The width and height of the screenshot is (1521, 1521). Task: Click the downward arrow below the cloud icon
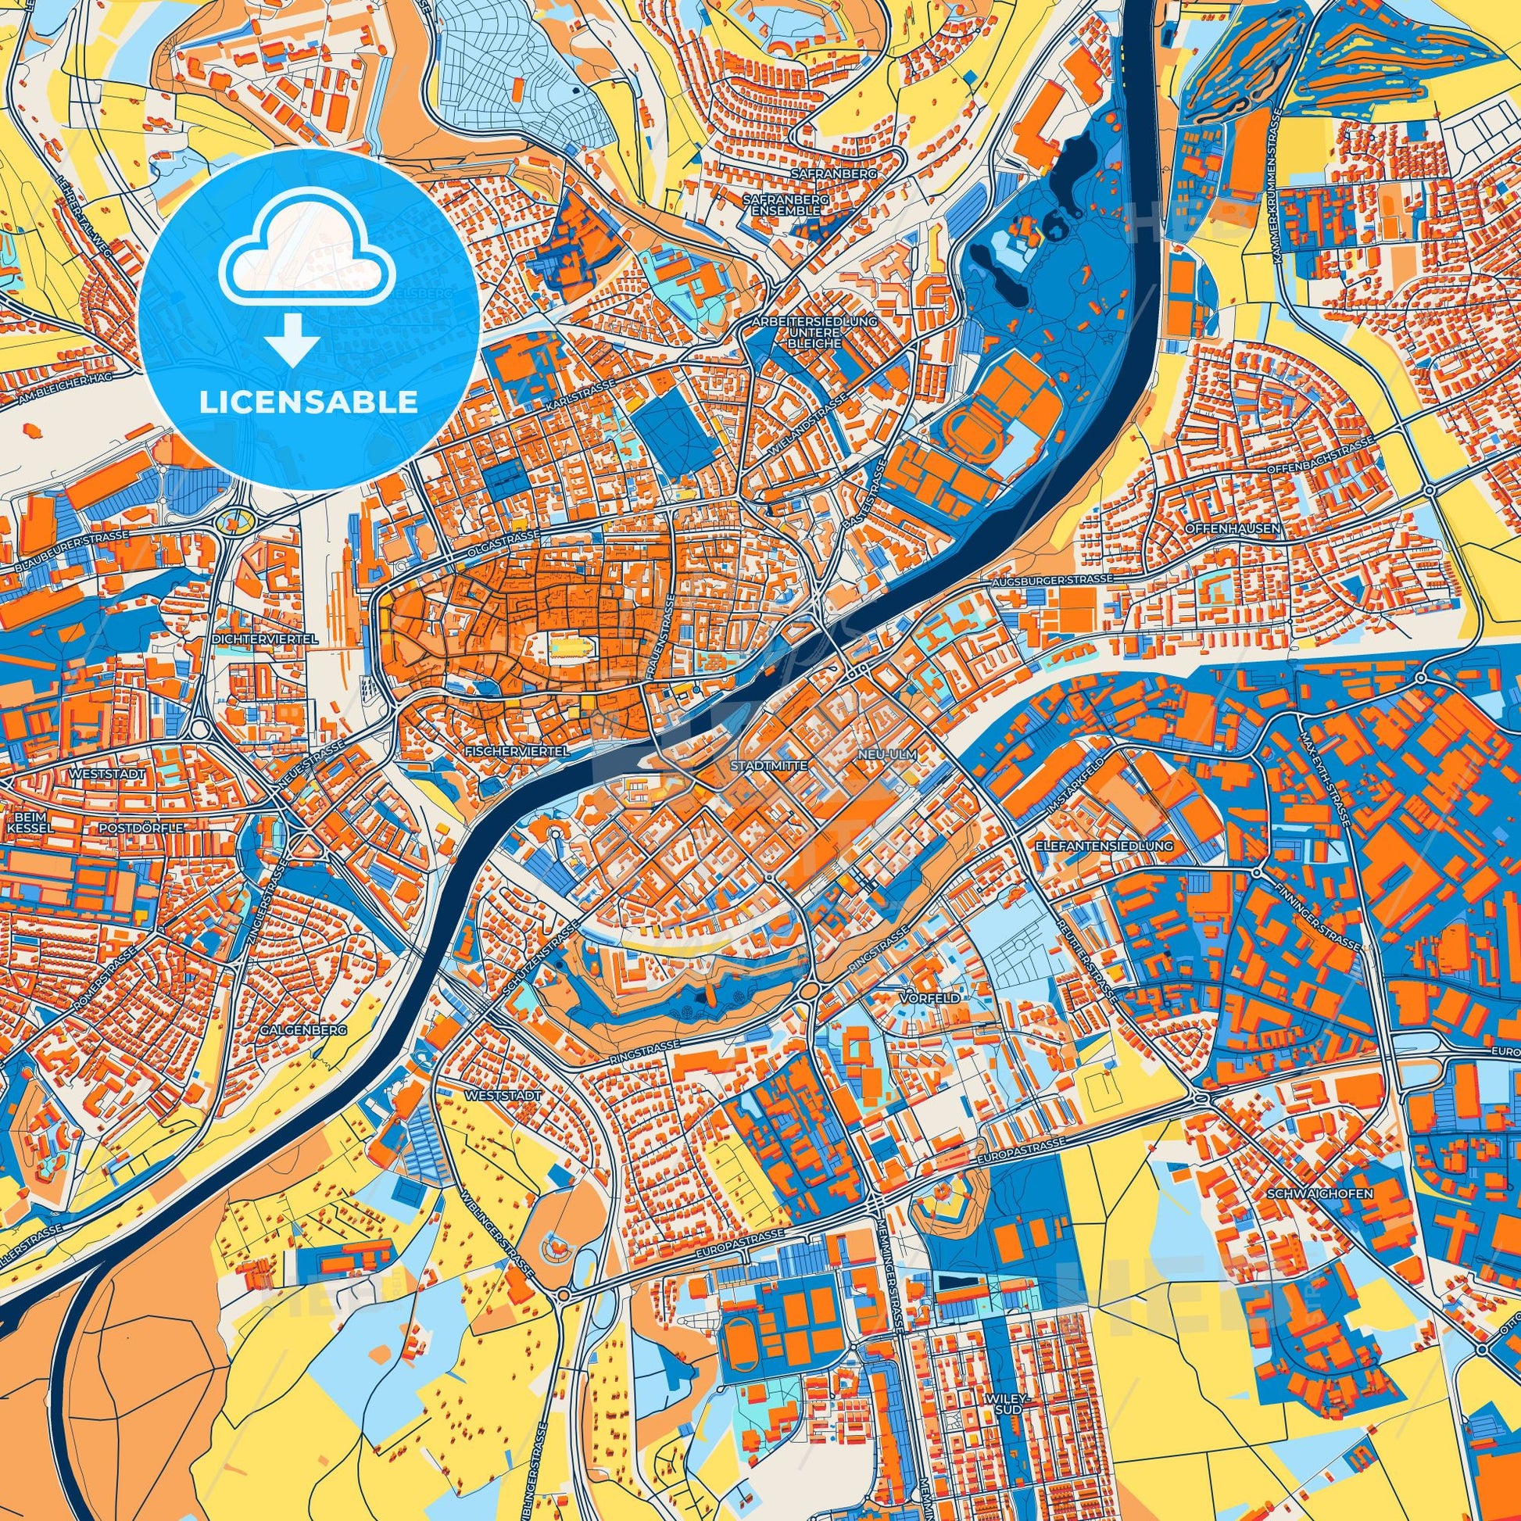(x=292, y=339)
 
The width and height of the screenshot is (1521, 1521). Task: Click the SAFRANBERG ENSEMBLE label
(x=786, y=206)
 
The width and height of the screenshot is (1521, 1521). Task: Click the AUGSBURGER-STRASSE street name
(x=1050, y=579)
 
